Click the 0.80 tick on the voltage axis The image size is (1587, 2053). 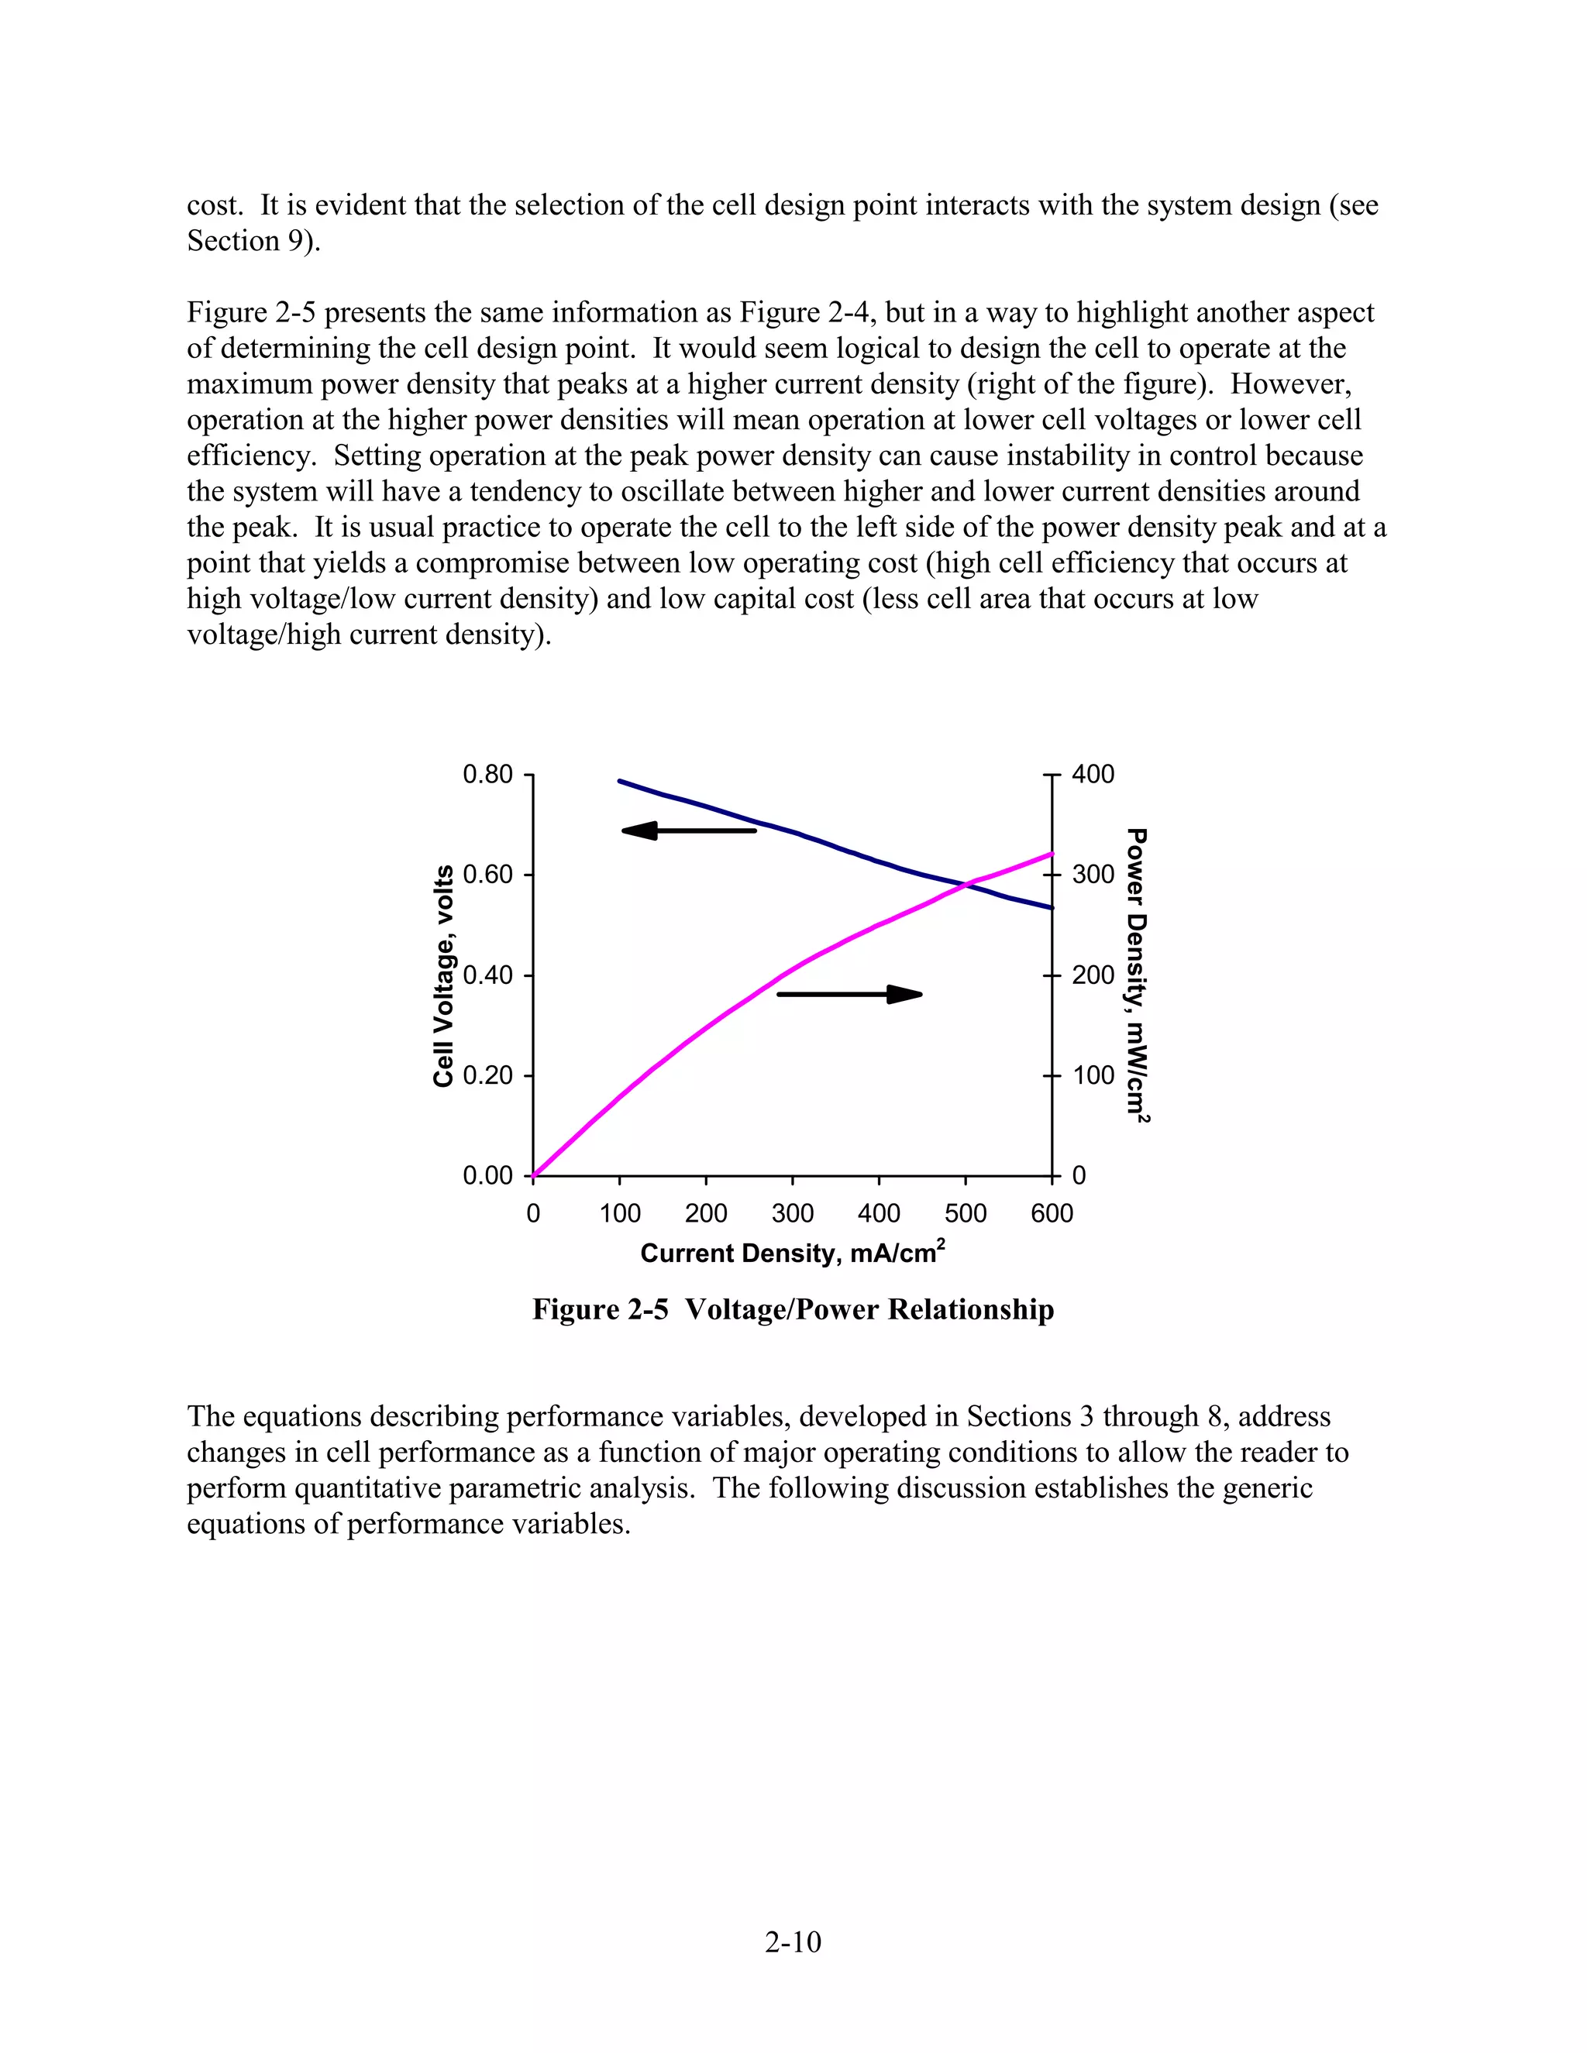[x=488, y=775]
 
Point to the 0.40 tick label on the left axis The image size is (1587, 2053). [x=488, y=975]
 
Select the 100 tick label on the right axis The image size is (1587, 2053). [x=1093, y=1075]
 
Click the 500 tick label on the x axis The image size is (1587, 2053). [x=966, y=1213]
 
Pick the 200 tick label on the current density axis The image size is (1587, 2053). [x=705, y=1213]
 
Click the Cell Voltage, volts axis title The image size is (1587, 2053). [x=444, y=975]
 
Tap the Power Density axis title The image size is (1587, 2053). [x=1138, y=974]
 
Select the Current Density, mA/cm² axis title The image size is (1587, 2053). [x=792, y=1252]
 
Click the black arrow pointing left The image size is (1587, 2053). [x=688, y=830]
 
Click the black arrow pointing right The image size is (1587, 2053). [x=849, y=994]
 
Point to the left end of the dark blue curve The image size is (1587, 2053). [x=620, y=781]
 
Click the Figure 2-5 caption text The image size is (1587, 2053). [x=793, y=1309]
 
